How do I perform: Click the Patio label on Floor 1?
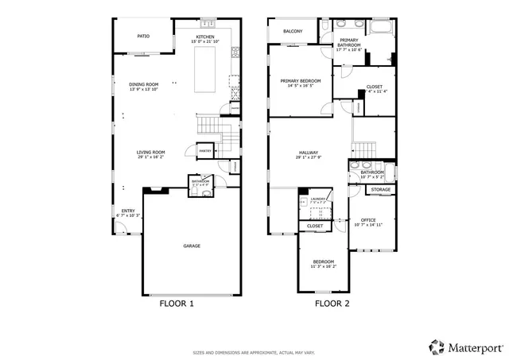pyautogui.click(x=143, y=36)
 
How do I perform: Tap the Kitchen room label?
pyautogui.click(x=206, y=37)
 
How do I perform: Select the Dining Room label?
pyautogui.click(x=144, y=84)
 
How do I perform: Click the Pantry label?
pyautogui.click(x=204, y=150)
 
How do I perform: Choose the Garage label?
pyautogui.click(x=192, y=246)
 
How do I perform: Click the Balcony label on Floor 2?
pyautogui.click(x=293, y=31)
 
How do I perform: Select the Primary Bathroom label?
pyautogui.click(x=349, y=42)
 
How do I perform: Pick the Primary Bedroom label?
pyautogui.click(x=300, y=80)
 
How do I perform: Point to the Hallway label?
pyautogui.click(x=309, y=153)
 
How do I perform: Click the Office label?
pyautogui.click(x=367, y=220)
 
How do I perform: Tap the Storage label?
pyautogui.click(x=381, y=190)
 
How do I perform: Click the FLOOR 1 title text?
pyautogui.click(x=177, y=304)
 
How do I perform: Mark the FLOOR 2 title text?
pyautogui.click(x=332, y=304)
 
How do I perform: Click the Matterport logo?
pyautogui.click(x=466, y=346)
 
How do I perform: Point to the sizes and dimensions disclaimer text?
pyautogui.click(x=254, y=352)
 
